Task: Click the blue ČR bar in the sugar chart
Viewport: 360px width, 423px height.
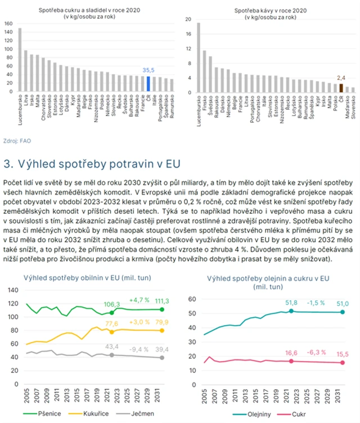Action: tap(148, 84)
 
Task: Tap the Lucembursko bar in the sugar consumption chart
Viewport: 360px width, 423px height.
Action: tap(20, 60)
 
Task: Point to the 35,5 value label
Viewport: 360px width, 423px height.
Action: tap(148, 70)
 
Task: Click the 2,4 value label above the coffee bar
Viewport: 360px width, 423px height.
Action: tap(341, 78)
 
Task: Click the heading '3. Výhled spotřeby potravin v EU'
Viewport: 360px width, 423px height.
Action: tap(91, 164)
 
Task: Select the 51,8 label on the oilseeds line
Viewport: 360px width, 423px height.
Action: tap(291, 303)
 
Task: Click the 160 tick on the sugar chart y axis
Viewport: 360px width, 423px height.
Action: tap(8, 24)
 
